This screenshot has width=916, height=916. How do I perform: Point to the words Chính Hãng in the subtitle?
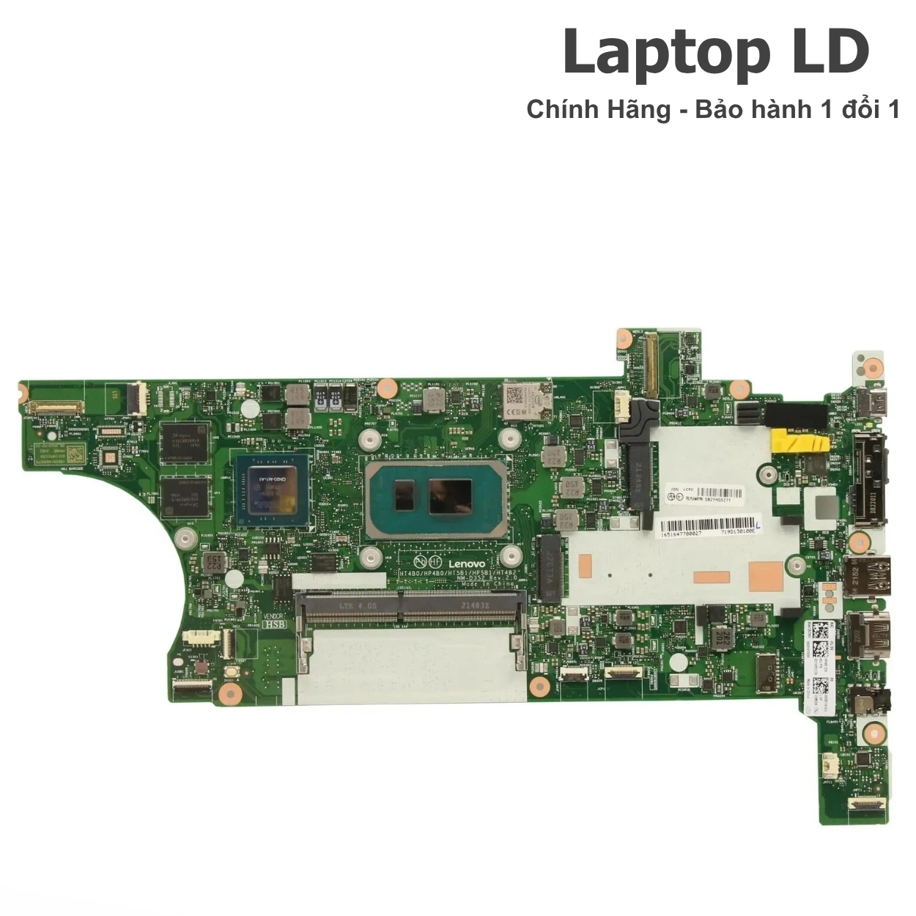tap(598, 110)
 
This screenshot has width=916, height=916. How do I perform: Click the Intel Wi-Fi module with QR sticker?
tap(525, 400)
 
